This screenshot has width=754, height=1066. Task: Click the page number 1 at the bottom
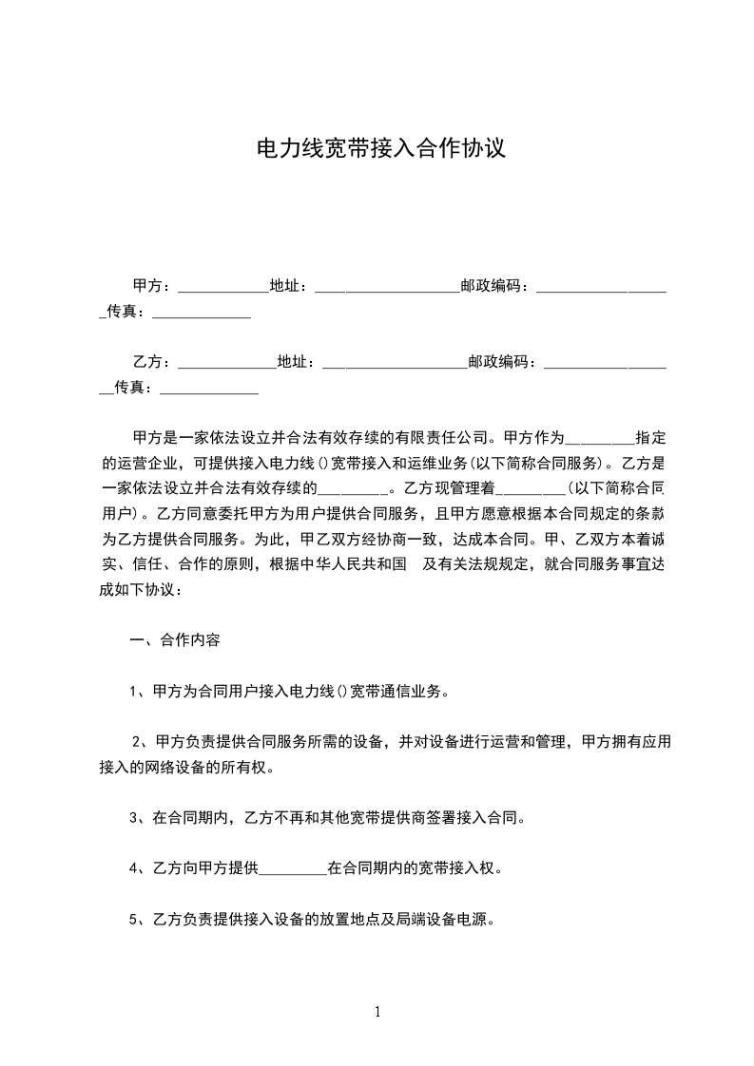point(377,1012)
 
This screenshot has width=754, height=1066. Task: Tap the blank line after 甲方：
point(223,286)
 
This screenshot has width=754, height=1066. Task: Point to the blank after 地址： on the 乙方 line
point(395,362)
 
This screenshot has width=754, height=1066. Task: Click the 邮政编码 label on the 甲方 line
point(494,286)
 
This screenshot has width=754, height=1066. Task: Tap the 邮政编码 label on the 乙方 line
point(502,362)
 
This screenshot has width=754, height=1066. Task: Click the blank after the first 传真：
point(202,312)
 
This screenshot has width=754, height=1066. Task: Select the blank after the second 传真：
point(209,388)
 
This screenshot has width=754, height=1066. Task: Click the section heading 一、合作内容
point(175,640)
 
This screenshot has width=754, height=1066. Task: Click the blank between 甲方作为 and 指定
point(600,439)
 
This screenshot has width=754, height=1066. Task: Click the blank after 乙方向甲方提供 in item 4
point(293,868)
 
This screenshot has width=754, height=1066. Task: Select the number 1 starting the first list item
point(134,692)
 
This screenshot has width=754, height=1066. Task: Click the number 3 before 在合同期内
point(134,818)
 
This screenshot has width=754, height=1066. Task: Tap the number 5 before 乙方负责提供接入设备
point(134,920)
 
